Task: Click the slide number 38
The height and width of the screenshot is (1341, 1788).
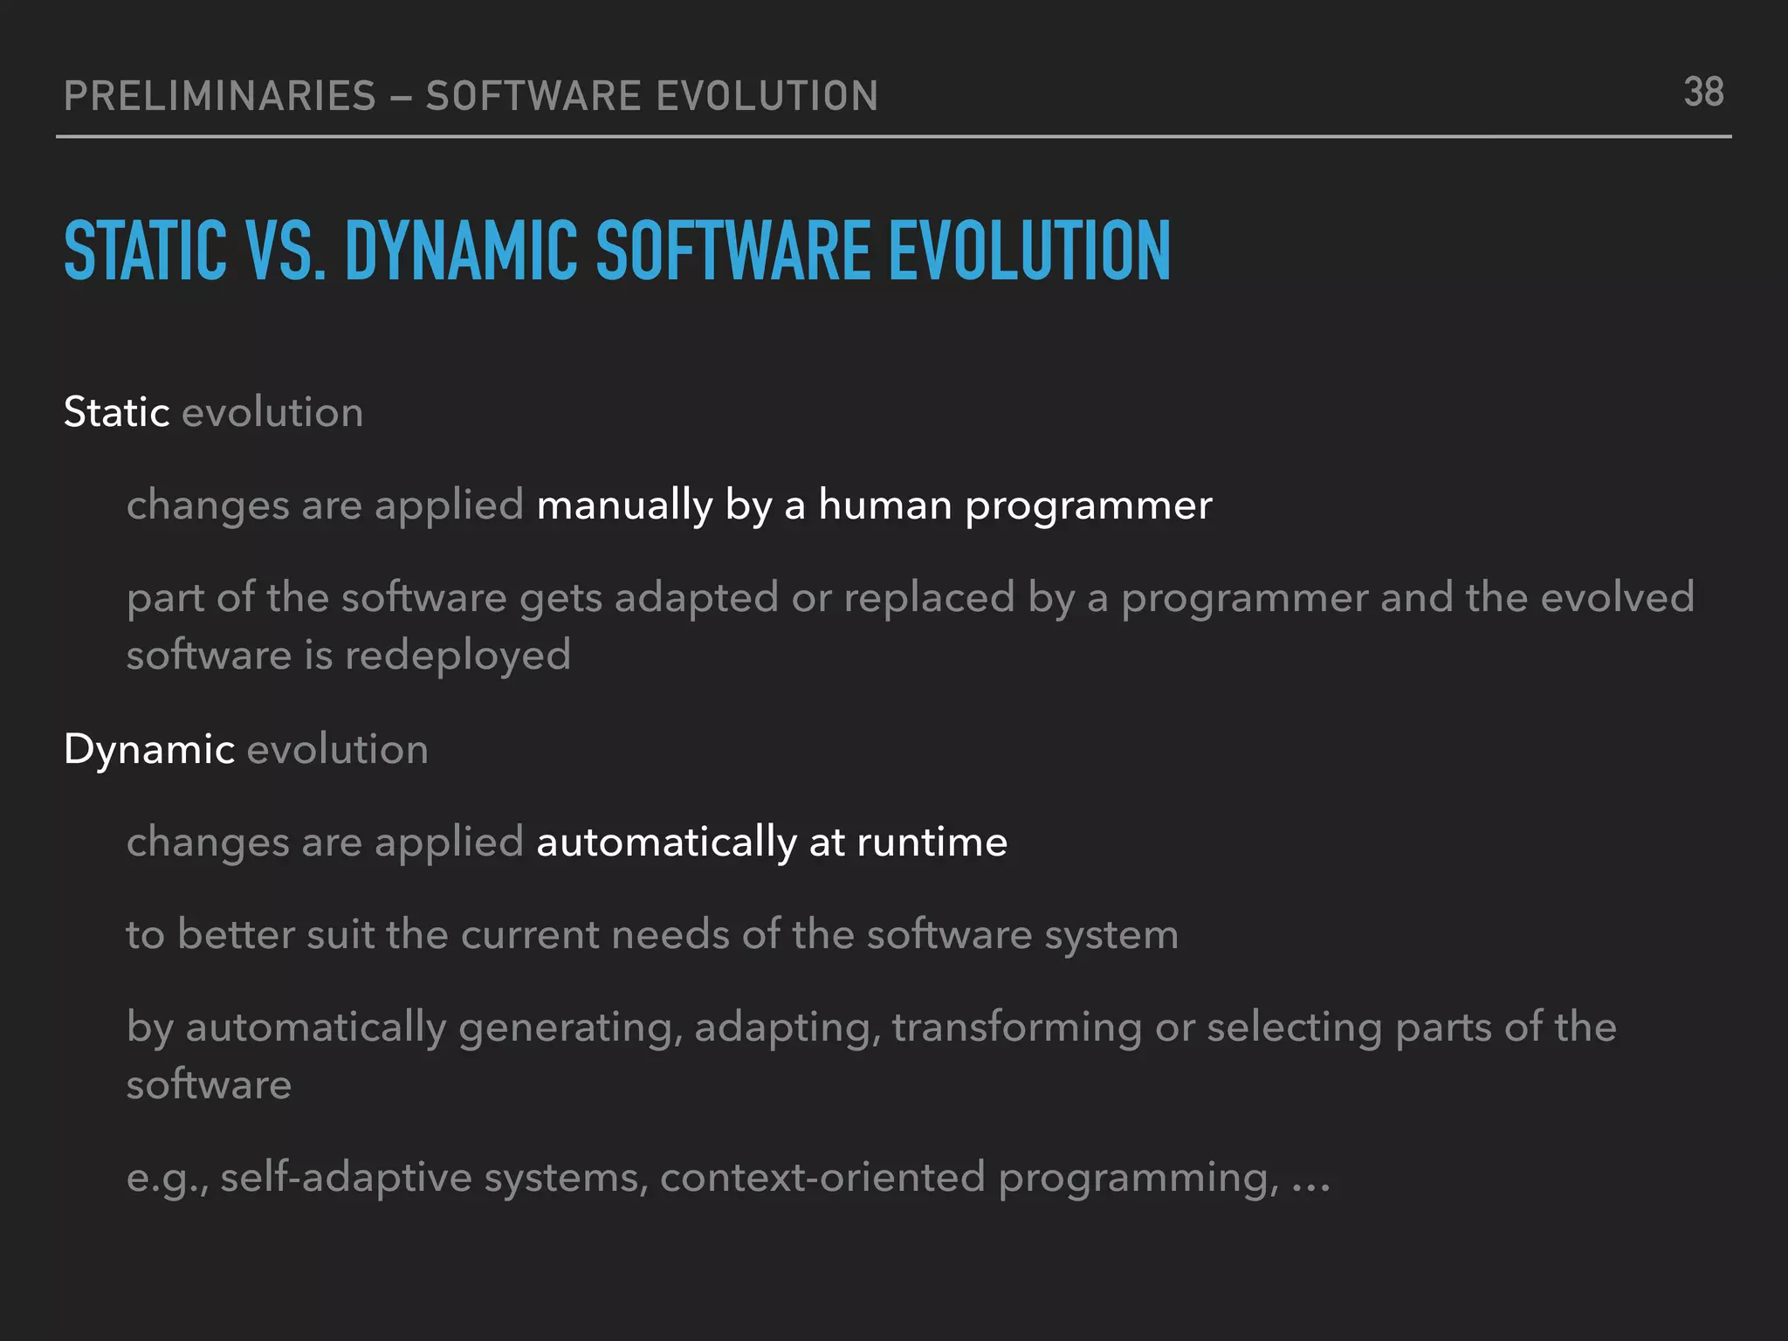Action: tap(1703, 93)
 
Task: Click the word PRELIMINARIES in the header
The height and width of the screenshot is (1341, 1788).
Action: tap(220, 96)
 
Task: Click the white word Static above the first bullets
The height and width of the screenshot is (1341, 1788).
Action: tap(116, 412)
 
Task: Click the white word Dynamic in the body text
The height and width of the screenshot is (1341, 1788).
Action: tap(148, 749)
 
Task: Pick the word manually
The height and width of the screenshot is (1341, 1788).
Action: tap(624, 505)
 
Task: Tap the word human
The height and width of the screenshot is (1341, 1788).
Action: tap(884, 505)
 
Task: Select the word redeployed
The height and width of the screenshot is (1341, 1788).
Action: tap(457, 656)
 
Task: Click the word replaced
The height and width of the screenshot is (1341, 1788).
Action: tap(929, 598)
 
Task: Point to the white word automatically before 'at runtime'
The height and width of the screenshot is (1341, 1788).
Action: tap(666, 842)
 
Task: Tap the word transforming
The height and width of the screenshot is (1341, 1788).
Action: tap(1016, 1028)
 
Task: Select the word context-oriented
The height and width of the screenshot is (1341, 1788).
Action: tap(822, 1178)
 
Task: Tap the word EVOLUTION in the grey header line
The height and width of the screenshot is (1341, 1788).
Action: tap(767, 96)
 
